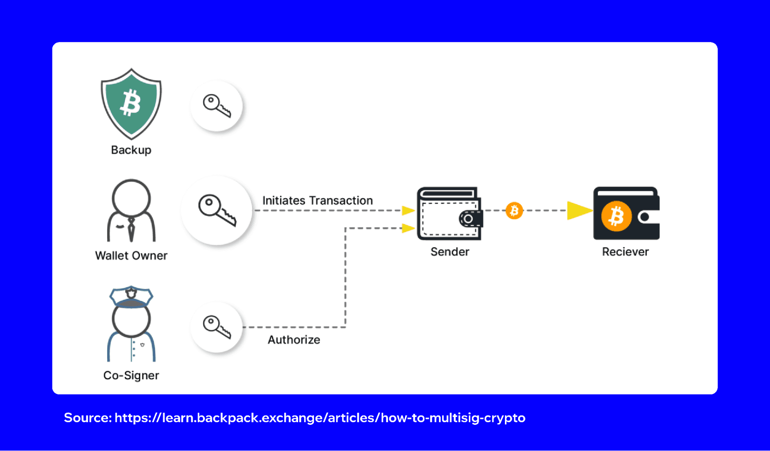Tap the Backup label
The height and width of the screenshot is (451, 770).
click(x=131, y=150)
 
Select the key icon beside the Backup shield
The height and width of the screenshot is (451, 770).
click(x=216, y=106)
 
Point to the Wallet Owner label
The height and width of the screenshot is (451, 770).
click(x=131, y=256)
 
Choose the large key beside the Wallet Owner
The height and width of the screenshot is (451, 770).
click(x=216, y=210)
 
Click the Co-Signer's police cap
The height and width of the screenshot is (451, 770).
click(x=131, y=297)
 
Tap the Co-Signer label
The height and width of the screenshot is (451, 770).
click(x=131, y=376)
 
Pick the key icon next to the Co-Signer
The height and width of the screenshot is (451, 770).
click(x=216, y=327)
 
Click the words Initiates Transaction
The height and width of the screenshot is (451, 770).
click(x=317, y=201)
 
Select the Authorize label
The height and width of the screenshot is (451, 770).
click(x=294, y=340)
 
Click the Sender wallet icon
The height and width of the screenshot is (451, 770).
click(x=449, y=214)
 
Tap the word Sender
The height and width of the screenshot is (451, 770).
click(x=450, y=252)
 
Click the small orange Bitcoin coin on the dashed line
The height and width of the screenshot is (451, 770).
click(x=514, y=211)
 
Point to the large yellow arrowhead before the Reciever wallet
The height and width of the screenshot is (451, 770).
click(x=579, y=211)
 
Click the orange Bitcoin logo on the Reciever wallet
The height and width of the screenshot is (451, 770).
click(x=616, y=216)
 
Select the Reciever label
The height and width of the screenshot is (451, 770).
click(x=625, y=252)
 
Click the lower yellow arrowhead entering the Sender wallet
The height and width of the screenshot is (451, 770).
click(x=408, y=228)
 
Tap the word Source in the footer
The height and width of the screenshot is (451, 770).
click(x=87, y=418)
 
